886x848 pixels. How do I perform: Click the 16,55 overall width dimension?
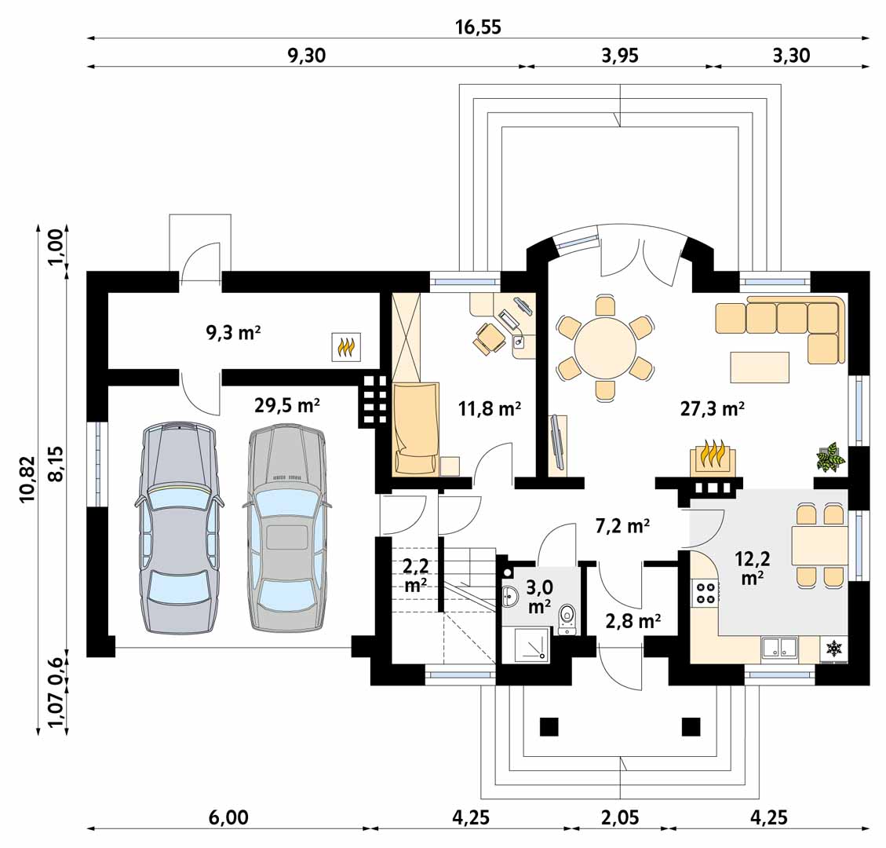pyautogui.click(x=478, y=27)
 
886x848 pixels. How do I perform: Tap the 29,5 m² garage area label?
pyautogui.click(x=287, y=405)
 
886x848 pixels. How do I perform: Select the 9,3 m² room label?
pyautogui.click(x=233, y=332)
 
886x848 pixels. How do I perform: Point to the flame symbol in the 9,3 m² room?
pyautogui.click(x=346, y=346)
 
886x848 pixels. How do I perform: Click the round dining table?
pyautogui.click(x=605, y=348)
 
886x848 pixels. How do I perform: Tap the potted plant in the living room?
pyautogui.click(x=830, y=456)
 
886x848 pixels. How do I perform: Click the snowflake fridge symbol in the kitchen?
pyautogui.click(x=833, y=649)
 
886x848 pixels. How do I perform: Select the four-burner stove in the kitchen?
pyautogui.click(x=705, y=592)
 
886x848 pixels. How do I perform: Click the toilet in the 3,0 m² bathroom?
pyautogui.click(x=567, y=619)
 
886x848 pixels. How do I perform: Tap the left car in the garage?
pyautogui.click(x=179, y=526)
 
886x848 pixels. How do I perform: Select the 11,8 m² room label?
pyautogui.click(x=490, y=408)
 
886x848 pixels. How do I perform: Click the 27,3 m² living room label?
pyautogui.click(x=712, y=408)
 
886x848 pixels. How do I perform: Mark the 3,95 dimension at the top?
pyautogui.click(x=620, y=55)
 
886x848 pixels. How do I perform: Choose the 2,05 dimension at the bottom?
pyautogui.click(x=620, y=817)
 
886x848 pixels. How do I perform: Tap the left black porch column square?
pyautogui.click(x=549, y=726)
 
